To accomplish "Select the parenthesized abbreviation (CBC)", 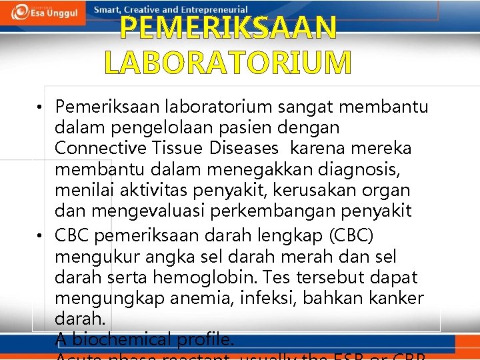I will coord(351,236).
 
